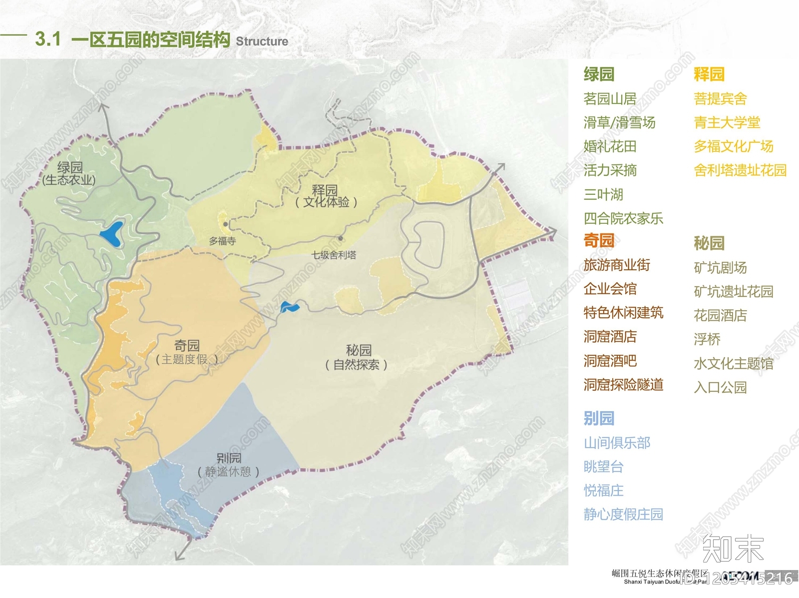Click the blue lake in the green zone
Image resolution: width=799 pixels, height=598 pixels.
tap(112, 234)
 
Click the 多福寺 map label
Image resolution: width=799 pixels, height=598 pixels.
tap(222, 241)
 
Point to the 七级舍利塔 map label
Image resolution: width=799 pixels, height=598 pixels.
tap(334, 255)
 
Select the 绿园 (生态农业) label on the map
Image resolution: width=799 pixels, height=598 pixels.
tap(69, 173)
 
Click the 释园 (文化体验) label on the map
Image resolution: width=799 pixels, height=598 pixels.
tap(326, 196)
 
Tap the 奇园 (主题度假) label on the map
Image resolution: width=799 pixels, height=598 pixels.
tap(187, 352)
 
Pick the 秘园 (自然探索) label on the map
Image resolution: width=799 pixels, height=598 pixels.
tap(357, 357)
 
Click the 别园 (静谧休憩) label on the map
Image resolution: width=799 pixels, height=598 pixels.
tap(229, 465)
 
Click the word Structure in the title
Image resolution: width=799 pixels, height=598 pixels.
tap(262, 41)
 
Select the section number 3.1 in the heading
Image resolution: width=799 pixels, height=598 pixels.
tap(48, 39)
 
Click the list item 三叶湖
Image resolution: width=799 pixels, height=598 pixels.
tap(603, 194)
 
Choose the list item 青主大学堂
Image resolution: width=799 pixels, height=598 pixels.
tap(727, 122)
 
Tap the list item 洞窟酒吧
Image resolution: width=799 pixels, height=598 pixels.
tap(610, 361)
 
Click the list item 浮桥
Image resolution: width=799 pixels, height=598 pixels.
tap(707, 339)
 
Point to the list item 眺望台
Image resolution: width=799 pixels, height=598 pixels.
tap(603, 467)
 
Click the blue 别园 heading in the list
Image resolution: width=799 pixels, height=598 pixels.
tap(599, 418)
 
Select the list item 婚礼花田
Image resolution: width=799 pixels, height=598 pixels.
tap(610, 146)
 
